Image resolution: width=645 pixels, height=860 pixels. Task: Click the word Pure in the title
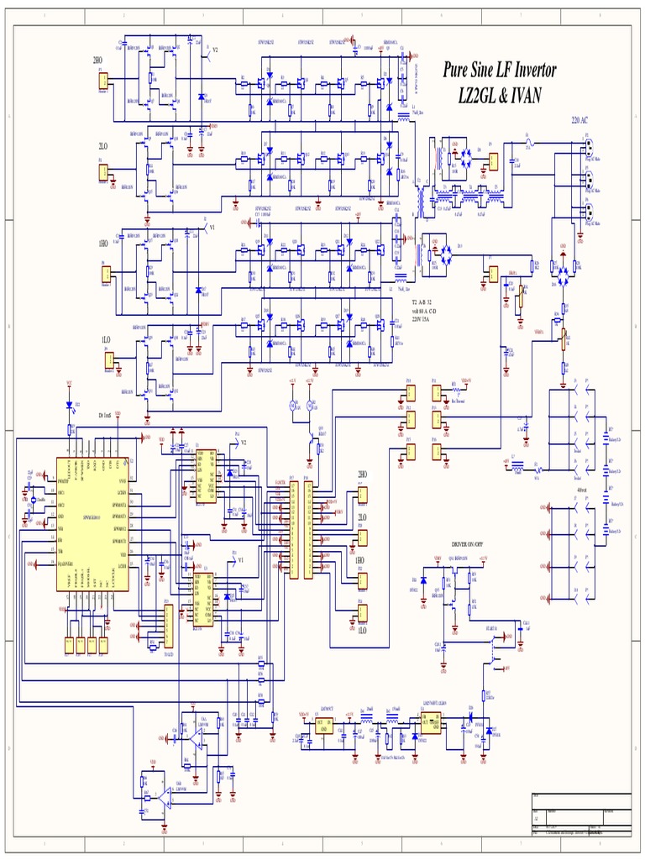[460, 71]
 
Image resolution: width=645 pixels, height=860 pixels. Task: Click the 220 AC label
[581, 121]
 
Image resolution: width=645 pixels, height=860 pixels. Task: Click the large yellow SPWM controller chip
[92, 523]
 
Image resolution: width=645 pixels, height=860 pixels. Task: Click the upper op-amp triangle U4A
[196, 737]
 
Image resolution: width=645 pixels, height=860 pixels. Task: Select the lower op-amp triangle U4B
[165, 802]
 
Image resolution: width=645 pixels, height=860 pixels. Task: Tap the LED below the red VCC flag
[71, 404]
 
